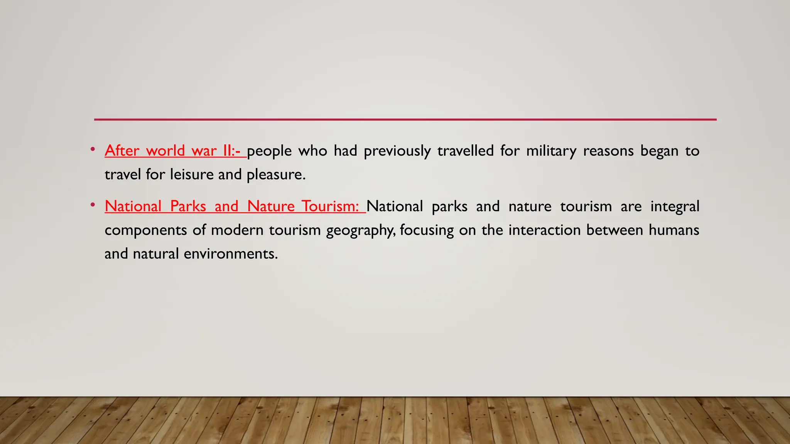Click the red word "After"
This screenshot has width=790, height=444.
[122, 151]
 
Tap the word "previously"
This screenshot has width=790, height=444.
[397, 151]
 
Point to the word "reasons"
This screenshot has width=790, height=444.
[608, 151]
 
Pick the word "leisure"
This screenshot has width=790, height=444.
[192, 175]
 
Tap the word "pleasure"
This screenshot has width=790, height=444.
[276, 175]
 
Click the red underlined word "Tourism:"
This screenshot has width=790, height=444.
[330, 206]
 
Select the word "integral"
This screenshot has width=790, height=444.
[675, 207]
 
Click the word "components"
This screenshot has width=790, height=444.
[145, 230]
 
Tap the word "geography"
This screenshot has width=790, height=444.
[360, 230]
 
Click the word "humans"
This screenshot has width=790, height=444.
[674, 230]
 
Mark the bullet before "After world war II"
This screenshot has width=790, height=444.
[93, 149]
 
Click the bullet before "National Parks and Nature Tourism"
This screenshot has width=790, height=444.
[93, 205]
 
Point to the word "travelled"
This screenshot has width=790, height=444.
[466, 151]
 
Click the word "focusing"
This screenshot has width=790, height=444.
[427, 230]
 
